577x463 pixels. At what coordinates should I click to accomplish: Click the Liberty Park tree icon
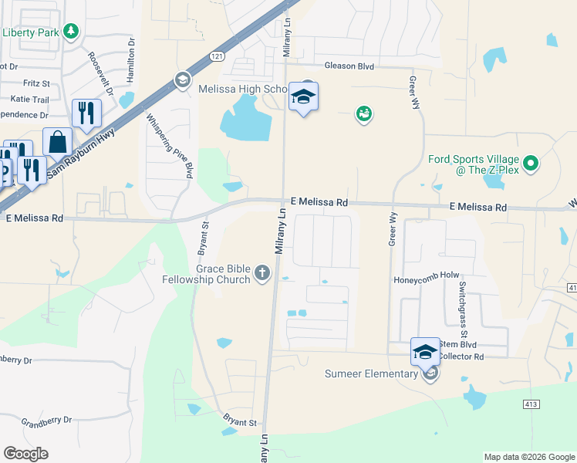click(71, 32)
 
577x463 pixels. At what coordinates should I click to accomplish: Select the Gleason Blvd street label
click(349, 67)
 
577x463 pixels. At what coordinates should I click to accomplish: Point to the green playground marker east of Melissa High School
click(363, 115)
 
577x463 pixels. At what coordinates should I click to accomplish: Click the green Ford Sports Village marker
click(530, 164)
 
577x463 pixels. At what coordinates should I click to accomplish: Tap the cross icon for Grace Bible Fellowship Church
click(262, 273)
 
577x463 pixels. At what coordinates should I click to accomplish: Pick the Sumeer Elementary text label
click(370, 374)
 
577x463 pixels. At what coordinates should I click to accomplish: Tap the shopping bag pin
click(57, 142)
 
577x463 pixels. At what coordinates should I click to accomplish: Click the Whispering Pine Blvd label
click(168, 144)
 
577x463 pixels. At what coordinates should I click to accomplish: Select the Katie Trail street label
click(30, 100)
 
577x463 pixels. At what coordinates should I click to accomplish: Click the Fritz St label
click(36, 83)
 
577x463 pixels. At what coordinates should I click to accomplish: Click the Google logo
click(25, 454)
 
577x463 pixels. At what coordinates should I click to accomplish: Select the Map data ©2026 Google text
click(528, 457)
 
